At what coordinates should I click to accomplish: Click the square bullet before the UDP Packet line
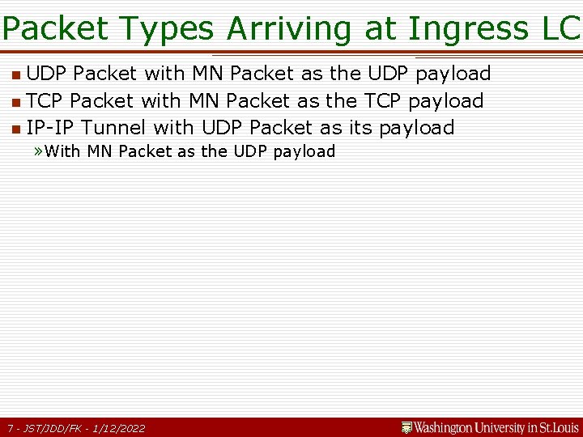(16, 75)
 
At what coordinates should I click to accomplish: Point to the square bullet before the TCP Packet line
(16, 103)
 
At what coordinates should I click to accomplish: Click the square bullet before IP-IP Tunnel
(16, 129)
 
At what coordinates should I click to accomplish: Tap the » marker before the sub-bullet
(39, 151)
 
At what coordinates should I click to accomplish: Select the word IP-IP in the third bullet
(52, 128)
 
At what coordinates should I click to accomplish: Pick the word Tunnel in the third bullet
(114, 128)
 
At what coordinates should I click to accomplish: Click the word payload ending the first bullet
(453, 74)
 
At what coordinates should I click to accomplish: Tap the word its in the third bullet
(361, 128)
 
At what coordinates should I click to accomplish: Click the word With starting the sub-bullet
(63, 151)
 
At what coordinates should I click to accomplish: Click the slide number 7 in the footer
(9, 428)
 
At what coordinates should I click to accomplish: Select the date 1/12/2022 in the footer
(120, 428)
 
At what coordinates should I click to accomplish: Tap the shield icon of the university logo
(407, 426)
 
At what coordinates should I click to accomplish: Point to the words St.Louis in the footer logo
(559, 427)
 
